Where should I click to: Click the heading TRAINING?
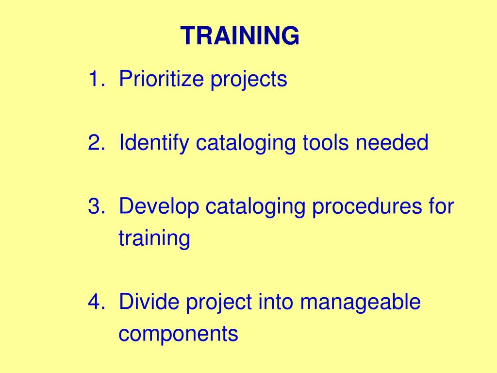(x=240, y=36)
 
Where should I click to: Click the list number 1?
(x=95, y=79)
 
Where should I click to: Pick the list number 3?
(x=95, y=207)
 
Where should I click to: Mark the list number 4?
(x=95, y=302)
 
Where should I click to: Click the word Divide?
(x=149, y=302)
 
